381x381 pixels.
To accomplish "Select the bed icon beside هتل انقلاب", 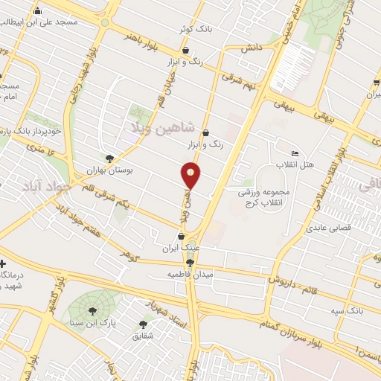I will [x=295, y=153].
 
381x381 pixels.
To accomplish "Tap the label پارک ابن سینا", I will [x=97, y=323].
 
